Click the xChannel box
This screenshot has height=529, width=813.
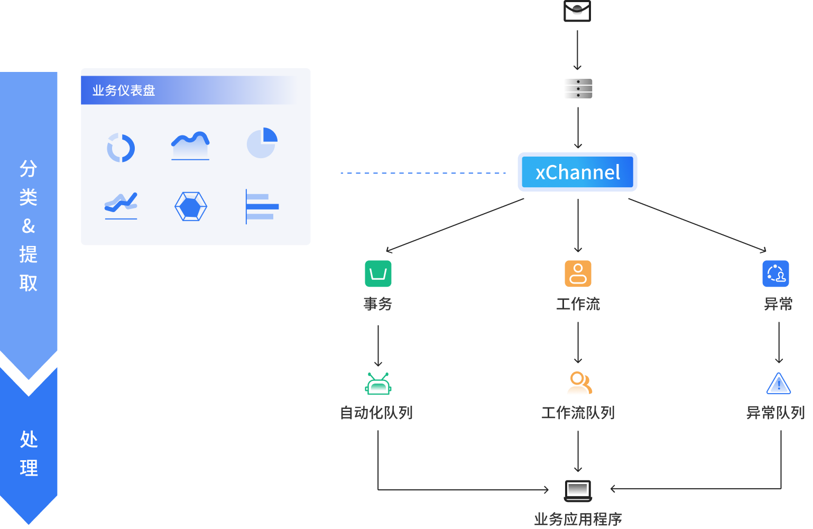point(577,172)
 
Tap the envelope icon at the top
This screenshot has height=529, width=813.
point(577,11)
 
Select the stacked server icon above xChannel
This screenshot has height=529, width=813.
point(578,89)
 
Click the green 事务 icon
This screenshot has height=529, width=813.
point(378,273)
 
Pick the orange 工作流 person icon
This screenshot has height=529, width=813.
point(578,273)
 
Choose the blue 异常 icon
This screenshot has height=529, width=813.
point(775,273)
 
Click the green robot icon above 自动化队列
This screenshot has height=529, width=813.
point(378,384)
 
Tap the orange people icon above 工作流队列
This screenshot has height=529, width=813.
point(579,384)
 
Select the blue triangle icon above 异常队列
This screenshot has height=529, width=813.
point(779,384)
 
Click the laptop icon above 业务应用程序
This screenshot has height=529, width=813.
point(578,490)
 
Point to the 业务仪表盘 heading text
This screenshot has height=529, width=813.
point(124,90)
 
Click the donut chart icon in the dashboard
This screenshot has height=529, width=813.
point(121,148)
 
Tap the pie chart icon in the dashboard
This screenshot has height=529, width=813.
point(262,143)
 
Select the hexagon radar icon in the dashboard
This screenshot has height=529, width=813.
point(191,206)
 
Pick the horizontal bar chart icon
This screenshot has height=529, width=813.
point(262,206)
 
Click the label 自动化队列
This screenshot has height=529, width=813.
point(376,413)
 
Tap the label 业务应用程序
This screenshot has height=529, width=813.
point(578,519)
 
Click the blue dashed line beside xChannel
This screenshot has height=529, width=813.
point(423,173)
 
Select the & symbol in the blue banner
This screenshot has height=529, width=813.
point(29,226)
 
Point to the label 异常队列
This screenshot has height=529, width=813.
point(775,413)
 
